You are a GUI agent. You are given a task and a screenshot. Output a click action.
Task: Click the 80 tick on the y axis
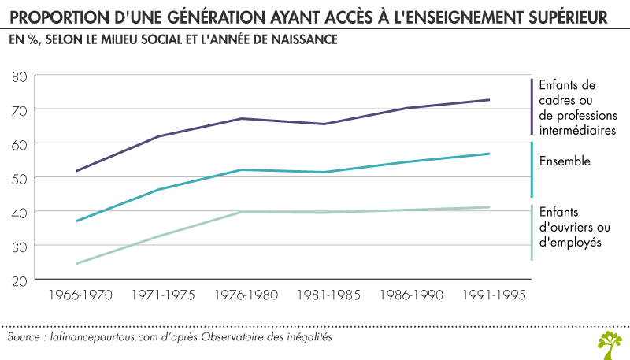(20, 76)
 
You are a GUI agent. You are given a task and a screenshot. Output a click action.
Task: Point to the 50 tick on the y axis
(20, 178)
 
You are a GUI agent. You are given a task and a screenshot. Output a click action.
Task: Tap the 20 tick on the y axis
(20, 280)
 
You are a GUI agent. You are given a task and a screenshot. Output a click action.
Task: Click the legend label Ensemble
(564, 161)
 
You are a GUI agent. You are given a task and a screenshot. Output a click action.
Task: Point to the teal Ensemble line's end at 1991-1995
(512, 154)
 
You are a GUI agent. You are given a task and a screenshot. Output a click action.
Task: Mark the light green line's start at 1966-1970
(77, 263)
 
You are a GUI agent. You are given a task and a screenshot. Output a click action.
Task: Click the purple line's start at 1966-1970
(77, 170)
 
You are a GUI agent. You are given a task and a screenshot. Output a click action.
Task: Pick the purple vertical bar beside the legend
(532, 106)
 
